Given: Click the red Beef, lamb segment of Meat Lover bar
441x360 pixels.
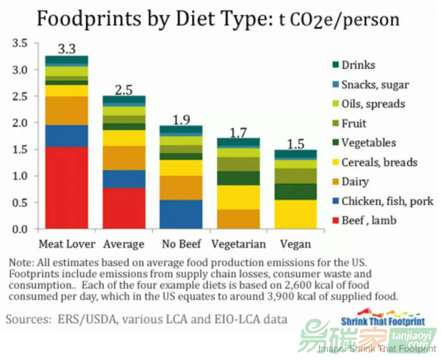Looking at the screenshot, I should pyautogui.click(x=66, y=188).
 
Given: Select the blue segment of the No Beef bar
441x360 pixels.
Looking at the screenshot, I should pyautogui.click(x=181, y=214).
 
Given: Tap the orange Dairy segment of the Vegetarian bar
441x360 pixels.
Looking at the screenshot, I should pyautogui.click(x=239, y=219).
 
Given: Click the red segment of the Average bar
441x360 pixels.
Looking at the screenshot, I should pyautogui.click(x=124, y=208).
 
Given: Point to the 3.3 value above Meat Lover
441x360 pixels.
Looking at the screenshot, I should pyautogui.click(x=66, y=49).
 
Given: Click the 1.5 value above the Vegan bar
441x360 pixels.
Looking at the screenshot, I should pyautogui.click(x=295, y=143).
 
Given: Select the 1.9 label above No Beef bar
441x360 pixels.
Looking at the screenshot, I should pyautogui.click(x=181, y=120).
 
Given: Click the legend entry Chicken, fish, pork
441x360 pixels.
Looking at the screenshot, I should pyautogui.click(x=388, y=201).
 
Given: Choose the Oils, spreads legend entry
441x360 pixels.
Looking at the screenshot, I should pyautogui.click(x=373, y=104).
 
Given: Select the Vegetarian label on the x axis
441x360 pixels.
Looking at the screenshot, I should pyautogui.click(x=239, y=244).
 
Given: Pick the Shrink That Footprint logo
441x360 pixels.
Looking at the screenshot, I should pyautogui.click(x=383, y=321).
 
